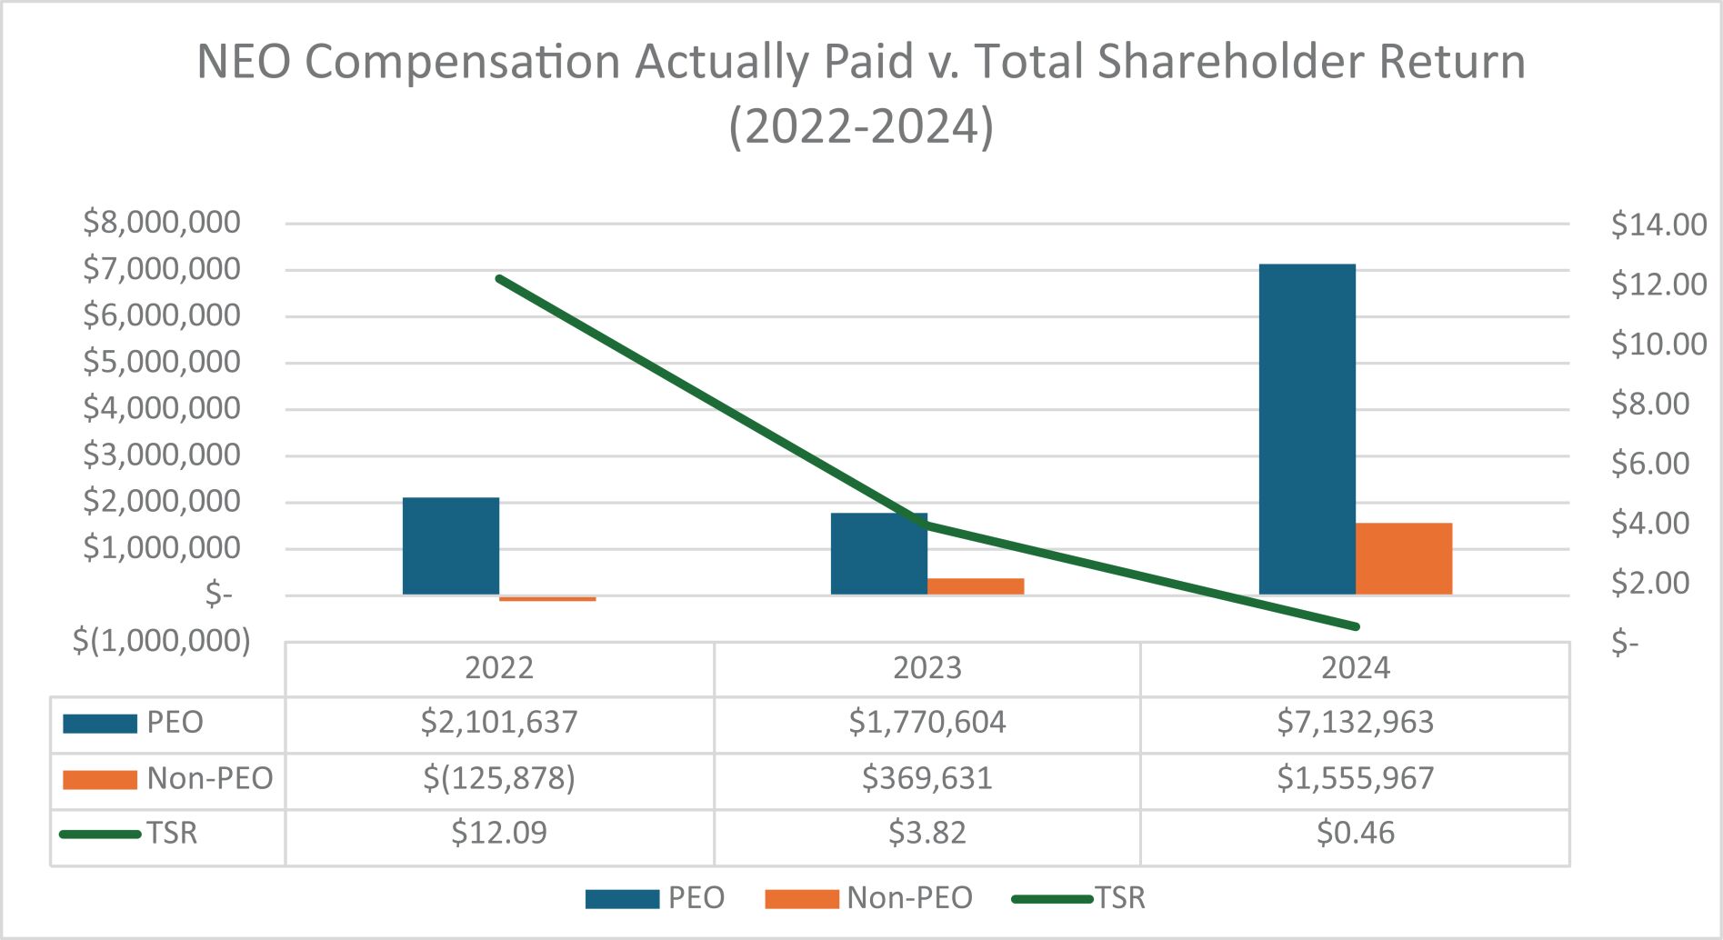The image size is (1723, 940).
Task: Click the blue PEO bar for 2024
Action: coord(1307,429)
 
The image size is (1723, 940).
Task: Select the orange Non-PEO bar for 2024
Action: coord(1403,558)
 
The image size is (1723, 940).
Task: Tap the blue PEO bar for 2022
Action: coord(451,545)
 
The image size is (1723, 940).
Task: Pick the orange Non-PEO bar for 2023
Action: coord(976,586)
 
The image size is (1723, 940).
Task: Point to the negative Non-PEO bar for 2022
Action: coord(547,599)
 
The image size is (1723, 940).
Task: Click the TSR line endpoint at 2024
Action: coord(1356,626)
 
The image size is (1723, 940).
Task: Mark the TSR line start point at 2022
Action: coord(499,278)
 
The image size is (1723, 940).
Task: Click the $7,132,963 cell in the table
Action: coord(1355,723)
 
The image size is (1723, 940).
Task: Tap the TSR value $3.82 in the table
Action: coord(927,834)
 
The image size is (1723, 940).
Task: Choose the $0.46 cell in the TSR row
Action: coord(1355,834)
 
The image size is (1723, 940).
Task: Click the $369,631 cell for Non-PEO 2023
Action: coord(927,779)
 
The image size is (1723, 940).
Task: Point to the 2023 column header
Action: coord(927,668)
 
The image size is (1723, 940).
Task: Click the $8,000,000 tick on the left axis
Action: coord(162,222)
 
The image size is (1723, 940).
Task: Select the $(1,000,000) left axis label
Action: coord(162,641)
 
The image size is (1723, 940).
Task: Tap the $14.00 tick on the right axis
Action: coord(1658,225)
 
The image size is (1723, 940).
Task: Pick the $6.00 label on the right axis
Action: coord(1649,464)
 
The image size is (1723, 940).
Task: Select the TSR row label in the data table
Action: coord(172,834)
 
